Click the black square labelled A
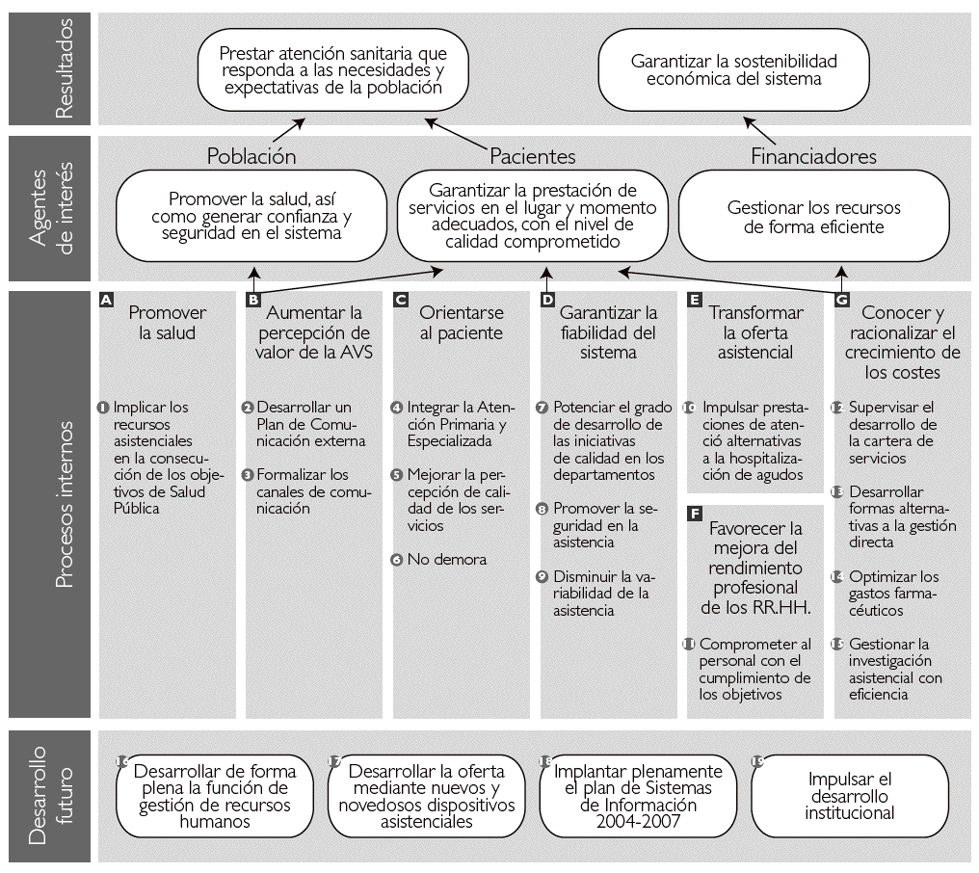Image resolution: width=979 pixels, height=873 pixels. tap(107, 301)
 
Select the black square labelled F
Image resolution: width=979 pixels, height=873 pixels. tap(695, 514)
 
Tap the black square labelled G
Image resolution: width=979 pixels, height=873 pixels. tap(842, 301)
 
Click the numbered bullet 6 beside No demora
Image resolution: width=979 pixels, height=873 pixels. tap(397, 560)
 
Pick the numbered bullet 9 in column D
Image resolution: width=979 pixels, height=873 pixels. tap(543, 576)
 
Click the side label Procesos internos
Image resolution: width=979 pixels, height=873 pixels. tap(65, 503)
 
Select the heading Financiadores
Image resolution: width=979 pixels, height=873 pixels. tap(813, 156)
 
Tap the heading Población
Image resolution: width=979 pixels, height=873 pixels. tap(251, 156)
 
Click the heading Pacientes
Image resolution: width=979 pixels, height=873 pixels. tap(533, 156)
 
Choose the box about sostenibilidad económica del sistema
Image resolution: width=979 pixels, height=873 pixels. tap(734, 70)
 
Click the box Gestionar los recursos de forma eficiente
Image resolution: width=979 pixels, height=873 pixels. tap(814, 217)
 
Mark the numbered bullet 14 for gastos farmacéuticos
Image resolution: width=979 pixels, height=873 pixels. tap(838, 576)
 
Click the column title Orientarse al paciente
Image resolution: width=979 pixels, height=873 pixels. tap(461, 323)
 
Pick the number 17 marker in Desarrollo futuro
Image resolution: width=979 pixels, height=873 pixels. tap(334, 761)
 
